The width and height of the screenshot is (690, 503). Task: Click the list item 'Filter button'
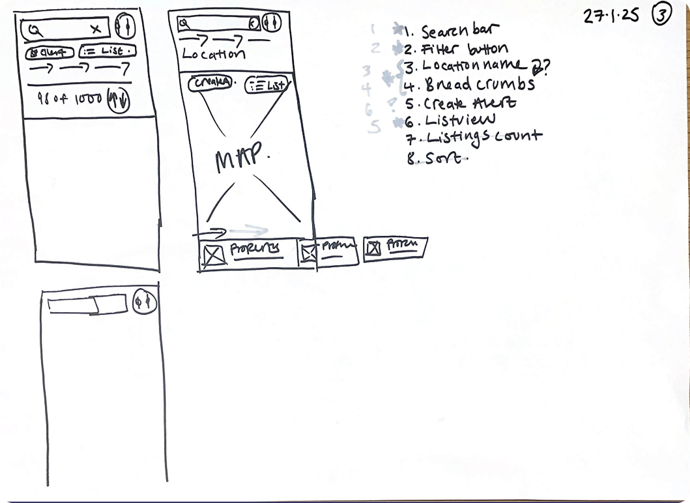pyautogui.click(x=464, y=49)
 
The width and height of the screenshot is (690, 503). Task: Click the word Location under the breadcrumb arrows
pyautogui.click(x=213, y=54)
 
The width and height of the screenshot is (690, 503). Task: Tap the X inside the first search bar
pyautogui.click(x=96, y=29)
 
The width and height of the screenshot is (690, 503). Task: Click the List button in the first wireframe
pyautogui.click(x=107, y=51)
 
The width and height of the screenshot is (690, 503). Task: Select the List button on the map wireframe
pyautogui.click(x=267, y=84)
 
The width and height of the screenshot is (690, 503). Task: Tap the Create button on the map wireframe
pyautogui.click(x=210, y=82)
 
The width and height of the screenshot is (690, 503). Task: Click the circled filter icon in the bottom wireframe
pyautogui.click(x=144, y=301)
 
